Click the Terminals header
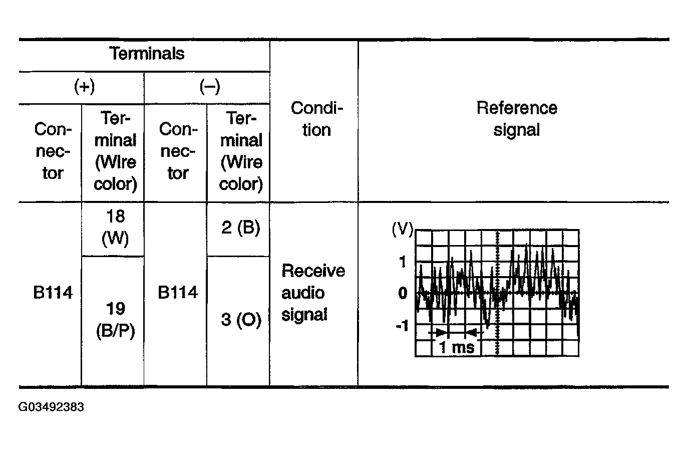pyautogui.click(x=147, y=54)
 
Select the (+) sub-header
pyautogui.click(x=84, y=87)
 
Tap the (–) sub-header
pyautogui.click(x=209, y=87)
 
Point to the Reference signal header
pyautogui.click(x=516, y=119)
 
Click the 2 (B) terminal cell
pyautogui.click(x=241, y=228)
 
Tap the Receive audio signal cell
pyautogui.click(x=313, y=293)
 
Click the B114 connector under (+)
pyautogui.click(x=53, y=293)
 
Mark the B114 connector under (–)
pyautogui.click(x=177, y=293)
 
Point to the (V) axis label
pyautogui.click(x=402, y=230)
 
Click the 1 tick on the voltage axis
pyautogui.click(x=403, y=262)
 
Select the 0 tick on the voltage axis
pyautogui.click(x=403, y=293)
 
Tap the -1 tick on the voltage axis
pyautogui.click(x=402, y=326)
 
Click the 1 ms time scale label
pyautogui.click(x=457, y=347)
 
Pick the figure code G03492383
pyautogui.click(x=52, y=407)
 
